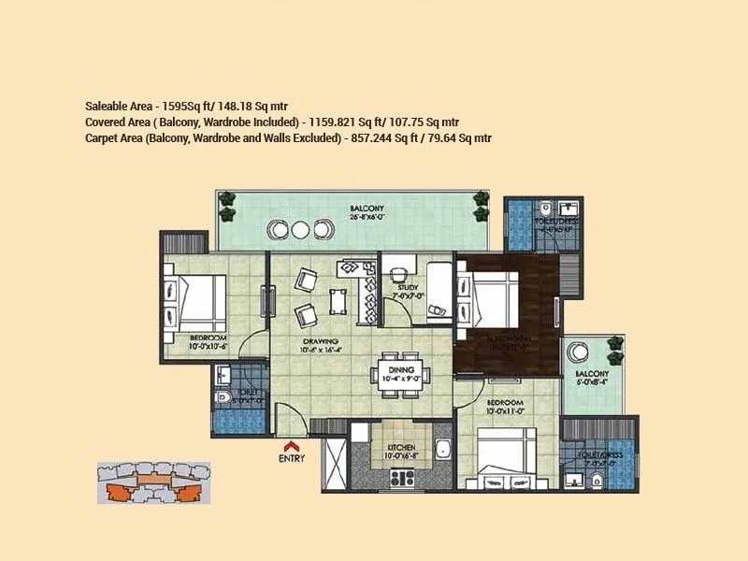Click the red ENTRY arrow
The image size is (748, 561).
point(291,446)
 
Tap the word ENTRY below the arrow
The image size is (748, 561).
point(291,459)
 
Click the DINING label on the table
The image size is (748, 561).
point(401,369)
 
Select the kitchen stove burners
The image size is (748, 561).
point(402,478)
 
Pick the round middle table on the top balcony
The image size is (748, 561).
point(300,229)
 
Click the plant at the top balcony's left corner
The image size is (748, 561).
point(226,198)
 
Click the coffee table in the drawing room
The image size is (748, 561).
point(338,300)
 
